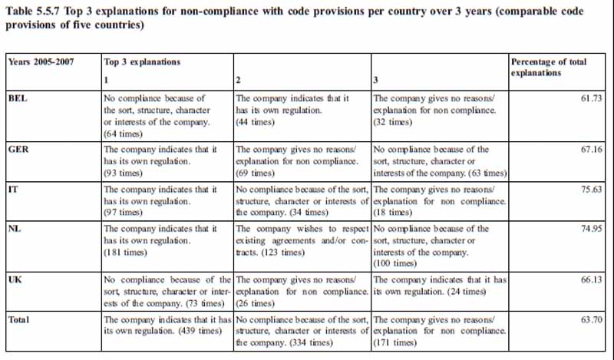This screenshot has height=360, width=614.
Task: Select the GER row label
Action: point(18,149)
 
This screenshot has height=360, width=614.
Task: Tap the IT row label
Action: point(12,189)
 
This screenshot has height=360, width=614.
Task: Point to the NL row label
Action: point(14,229)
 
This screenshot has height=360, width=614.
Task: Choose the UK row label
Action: point(14,280)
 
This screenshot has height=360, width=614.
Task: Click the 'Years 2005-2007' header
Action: point(41,61)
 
